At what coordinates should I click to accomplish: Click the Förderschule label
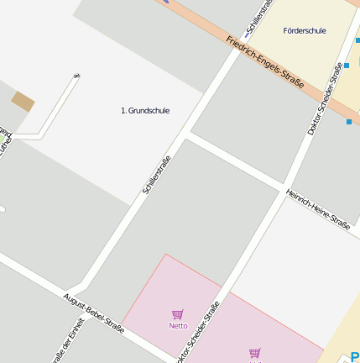point(305,31)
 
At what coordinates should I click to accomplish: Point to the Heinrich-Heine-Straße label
point(317,208)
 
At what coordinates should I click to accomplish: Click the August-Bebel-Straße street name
point(93,313)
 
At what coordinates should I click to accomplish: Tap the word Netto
point(178,325)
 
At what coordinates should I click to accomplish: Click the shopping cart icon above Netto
point(178,314)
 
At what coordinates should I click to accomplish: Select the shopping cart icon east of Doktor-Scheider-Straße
point(254,353)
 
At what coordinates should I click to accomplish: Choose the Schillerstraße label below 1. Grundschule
point(157,175)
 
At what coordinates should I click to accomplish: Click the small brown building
point(23,102)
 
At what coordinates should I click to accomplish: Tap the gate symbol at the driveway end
point(76,76)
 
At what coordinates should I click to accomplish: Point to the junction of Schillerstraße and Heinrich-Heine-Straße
point(187,133)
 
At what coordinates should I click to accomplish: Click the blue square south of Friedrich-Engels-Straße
point(350,121)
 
